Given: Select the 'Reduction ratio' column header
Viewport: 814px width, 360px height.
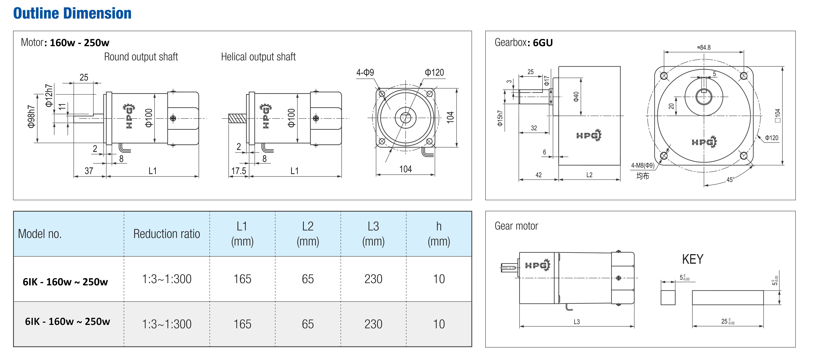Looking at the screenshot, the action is click(167, 234).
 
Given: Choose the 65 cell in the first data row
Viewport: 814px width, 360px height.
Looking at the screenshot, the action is click(308, 279).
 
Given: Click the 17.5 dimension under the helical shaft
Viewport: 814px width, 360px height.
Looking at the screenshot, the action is click(239, 171).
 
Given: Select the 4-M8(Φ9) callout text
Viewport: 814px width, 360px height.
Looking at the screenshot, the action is click(643, 165).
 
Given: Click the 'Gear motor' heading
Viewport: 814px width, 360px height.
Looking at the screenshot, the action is click(516, 226).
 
